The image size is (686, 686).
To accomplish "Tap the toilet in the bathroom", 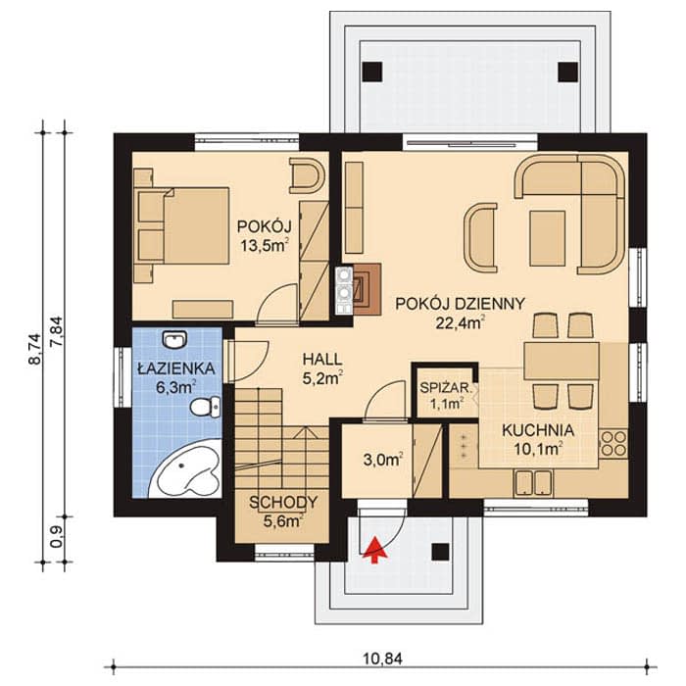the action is click(x=206, y=407).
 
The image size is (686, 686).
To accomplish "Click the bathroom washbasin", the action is click(x=174, y=339).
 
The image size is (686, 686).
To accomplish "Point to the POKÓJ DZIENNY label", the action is click(x=460, y=304).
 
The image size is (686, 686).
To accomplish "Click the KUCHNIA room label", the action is click(x=538, y=430).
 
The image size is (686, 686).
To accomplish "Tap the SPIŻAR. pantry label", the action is click(x=446, y=387).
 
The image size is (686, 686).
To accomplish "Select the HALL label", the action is click(x=322, y=360).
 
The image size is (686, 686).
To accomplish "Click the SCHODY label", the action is click(x=283, y=502).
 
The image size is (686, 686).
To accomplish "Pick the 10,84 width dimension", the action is click(x=383, y=659).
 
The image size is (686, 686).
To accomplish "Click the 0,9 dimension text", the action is click(x=57, y=537).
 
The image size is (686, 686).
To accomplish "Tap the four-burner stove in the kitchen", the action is click(x=613, y=444).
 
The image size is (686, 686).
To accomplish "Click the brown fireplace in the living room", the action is click(x=367, y=289).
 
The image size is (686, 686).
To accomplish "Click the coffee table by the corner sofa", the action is click(x=547, y=238).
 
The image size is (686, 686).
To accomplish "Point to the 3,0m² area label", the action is click(x=383, y=460).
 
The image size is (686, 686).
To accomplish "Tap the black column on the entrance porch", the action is click(x=440, y=552).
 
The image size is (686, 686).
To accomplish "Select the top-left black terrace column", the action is click(x=372, y=72).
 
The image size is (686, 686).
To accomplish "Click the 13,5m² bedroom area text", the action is click(x=265, y=245).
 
